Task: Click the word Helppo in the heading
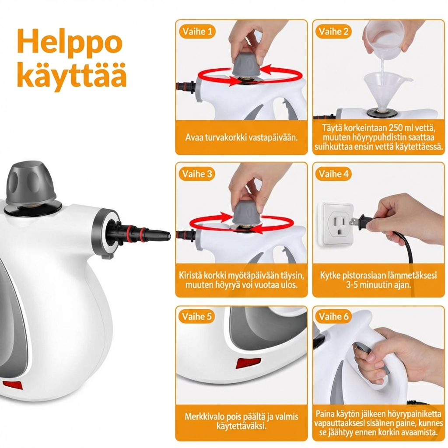pyautogui.click(x=70, y=42)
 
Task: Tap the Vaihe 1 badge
pyautogui.click(x=197, y=31)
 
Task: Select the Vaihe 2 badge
pyautogui.click(x=333, y=31)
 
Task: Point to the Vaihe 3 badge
pyautogui.click(x=197, y=174)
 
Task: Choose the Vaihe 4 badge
pyautogui.click(x=333, y=174)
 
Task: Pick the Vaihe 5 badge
pyautogui.click(x=197, y=316)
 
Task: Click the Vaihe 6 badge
pyautogui.click(x=333, y=316)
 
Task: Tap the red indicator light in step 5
pyautogui.click(x=248, y=363)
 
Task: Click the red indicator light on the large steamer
pyautogui.click(x=13, y=385)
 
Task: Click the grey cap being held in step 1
pyautogui.click(x=247, y=65)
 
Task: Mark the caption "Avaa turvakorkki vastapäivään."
pyautogui.click(x=241, y=137)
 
